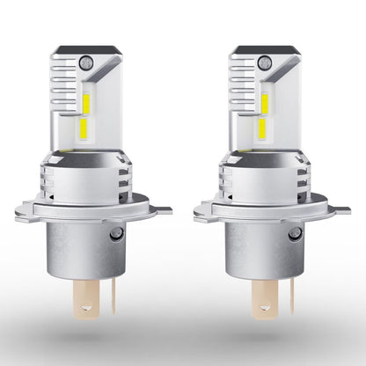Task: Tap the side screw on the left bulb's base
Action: tap(116, 233)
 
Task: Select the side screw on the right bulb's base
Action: tap(296, 233)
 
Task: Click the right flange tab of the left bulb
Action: tap(161, 210)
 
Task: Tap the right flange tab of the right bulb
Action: tap(340, 210)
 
